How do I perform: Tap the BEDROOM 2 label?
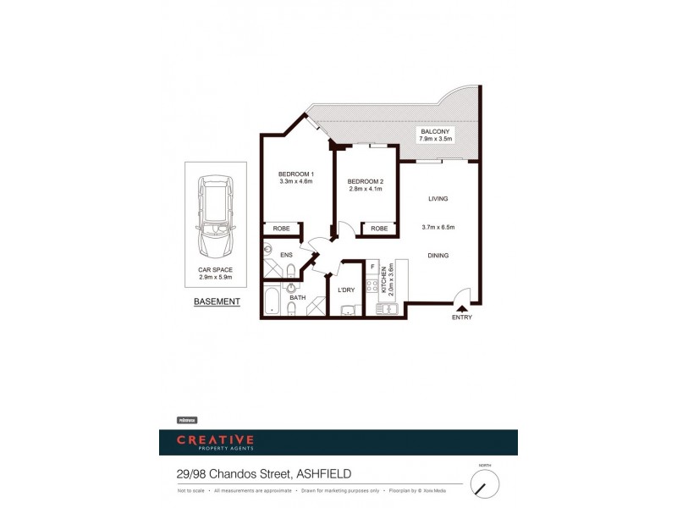click(366, 181)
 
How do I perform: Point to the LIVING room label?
click(438, 198)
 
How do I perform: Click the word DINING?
click(438, 255)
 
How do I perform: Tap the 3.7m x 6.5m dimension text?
click(438, 227)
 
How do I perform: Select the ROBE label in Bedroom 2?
click(379, 229)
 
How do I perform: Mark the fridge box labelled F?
click(373, 267)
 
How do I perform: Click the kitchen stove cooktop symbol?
click(372, 286)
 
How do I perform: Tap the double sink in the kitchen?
click(388, 309)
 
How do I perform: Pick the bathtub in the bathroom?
click(272, 303)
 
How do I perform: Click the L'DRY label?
click(345, 290)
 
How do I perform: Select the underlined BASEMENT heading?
click(217, 301)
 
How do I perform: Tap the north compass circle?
click(485, 484)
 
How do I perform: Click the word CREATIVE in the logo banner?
click(215, 439)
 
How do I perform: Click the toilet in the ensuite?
click(289, 270)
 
